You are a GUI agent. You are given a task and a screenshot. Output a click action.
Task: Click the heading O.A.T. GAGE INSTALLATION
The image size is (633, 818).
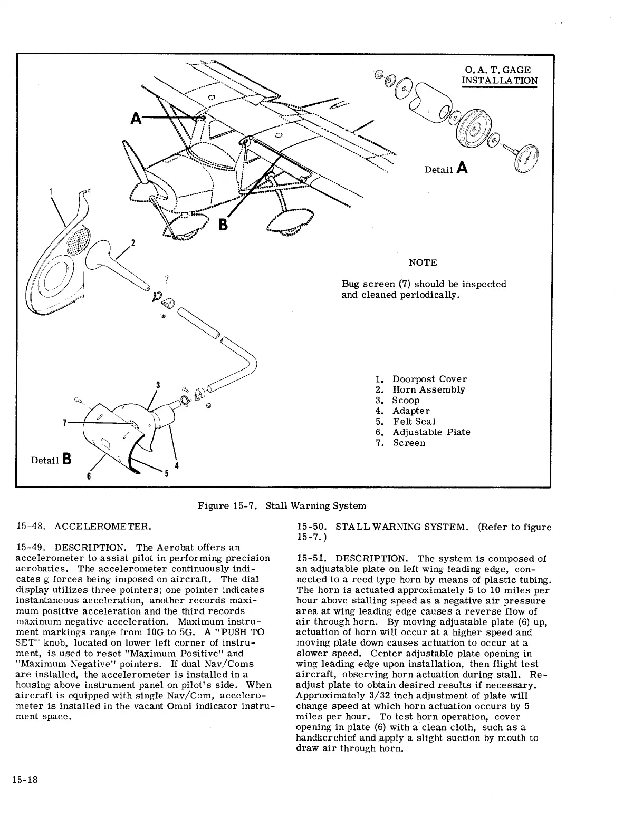[x=499, y=75]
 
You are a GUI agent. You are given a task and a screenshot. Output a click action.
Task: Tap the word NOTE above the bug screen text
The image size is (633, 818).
[x=423, y=262]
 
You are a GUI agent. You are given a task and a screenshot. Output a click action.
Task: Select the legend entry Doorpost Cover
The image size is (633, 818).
[x=429, y=379]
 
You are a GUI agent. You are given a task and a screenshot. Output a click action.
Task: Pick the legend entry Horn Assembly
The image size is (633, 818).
[x=428, y=389]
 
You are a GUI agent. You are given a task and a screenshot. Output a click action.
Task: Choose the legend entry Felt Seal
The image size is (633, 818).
[x=414, y=421]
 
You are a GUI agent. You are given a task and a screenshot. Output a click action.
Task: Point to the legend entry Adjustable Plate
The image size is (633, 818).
[x=431, y=432]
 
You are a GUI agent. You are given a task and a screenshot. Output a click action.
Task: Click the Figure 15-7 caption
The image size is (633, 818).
[x=282, y=506]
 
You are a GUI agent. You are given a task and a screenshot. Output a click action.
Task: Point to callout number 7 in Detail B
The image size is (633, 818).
[x=64, y=422]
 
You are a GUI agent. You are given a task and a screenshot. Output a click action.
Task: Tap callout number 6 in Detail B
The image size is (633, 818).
[x=89, y=476]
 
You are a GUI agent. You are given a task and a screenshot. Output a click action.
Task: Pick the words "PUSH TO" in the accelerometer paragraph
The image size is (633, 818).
[x=245, y=632]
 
